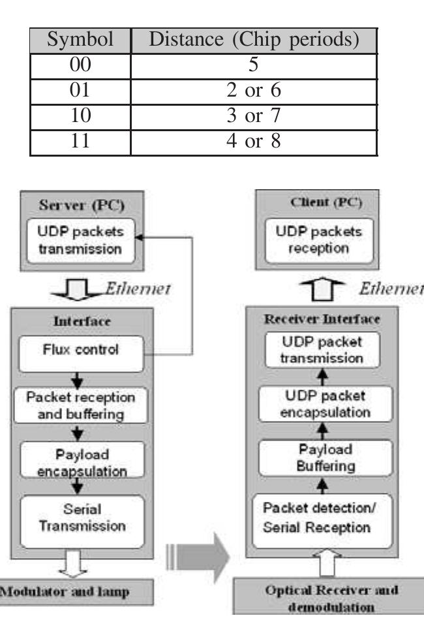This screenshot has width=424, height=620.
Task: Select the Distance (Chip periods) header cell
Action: point(254,41)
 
